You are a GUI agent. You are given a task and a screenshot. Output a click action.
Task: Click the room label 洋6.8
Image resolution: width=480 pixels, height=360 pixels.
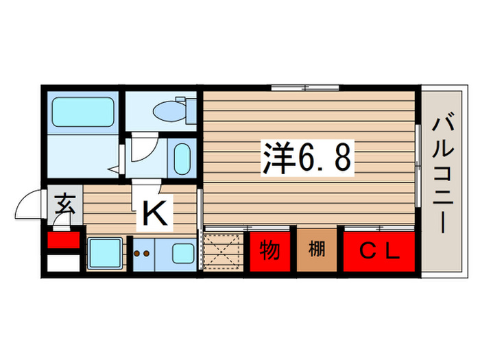[x=307, y=158]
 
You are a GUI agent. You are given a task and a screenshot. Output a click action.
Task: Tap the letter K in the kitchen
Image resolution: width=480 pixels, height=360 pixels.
[x=155, y=215]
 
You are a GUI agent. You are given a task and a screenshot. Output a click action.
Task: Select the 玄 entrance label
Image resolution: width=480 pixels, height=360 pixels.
[x=64, y=205]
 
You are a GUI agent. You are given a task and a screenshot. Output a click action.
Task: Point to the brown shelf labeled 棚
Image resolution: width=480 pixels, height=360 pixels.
[x=317, y=251]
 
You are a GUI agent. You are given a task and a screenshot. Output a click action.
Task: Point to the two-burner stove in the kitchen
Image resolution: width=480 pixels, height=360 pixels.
[x=143, y=254]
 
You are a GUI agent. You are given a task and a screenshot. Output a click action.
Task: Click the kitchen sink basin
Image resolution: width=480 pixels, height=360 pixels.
[x=182, y=253]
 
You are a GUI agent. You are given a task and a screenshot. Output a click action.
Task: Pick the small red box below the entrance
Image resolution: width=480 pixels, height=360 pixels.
[x=63, y=241]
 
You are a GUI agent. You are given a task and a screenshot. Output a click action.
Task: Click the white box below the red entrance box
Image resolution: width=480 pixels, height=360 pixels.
[x=63, y=263]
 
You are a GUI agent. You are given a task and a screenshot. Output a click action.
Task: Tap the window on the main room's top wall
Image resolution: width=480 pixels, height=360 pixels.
[x=304, y=87]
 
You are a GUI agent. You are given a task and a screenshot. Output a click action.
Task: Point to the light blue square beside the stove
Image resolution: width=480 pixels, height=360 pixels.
[x=105, y=252]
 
